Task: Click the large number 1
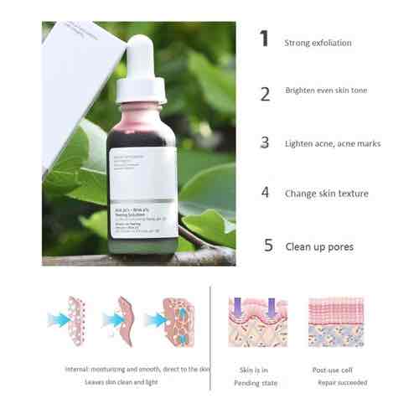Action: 265,40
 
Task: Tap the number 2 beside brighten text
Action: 266,93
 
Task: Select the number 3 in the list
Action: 266,142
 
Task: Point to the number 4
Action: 266,192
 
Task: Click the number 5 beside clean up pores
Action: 268,246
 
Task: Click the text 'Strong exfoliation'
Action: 318,43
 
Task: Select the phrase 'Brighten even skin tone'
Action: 326,91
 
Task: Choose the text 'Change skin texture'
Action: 326,194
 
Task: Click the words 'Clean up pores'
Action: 318,247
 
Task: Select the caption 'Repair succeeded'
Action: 341,382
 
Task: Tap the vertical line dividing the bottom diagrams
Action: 220,327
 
